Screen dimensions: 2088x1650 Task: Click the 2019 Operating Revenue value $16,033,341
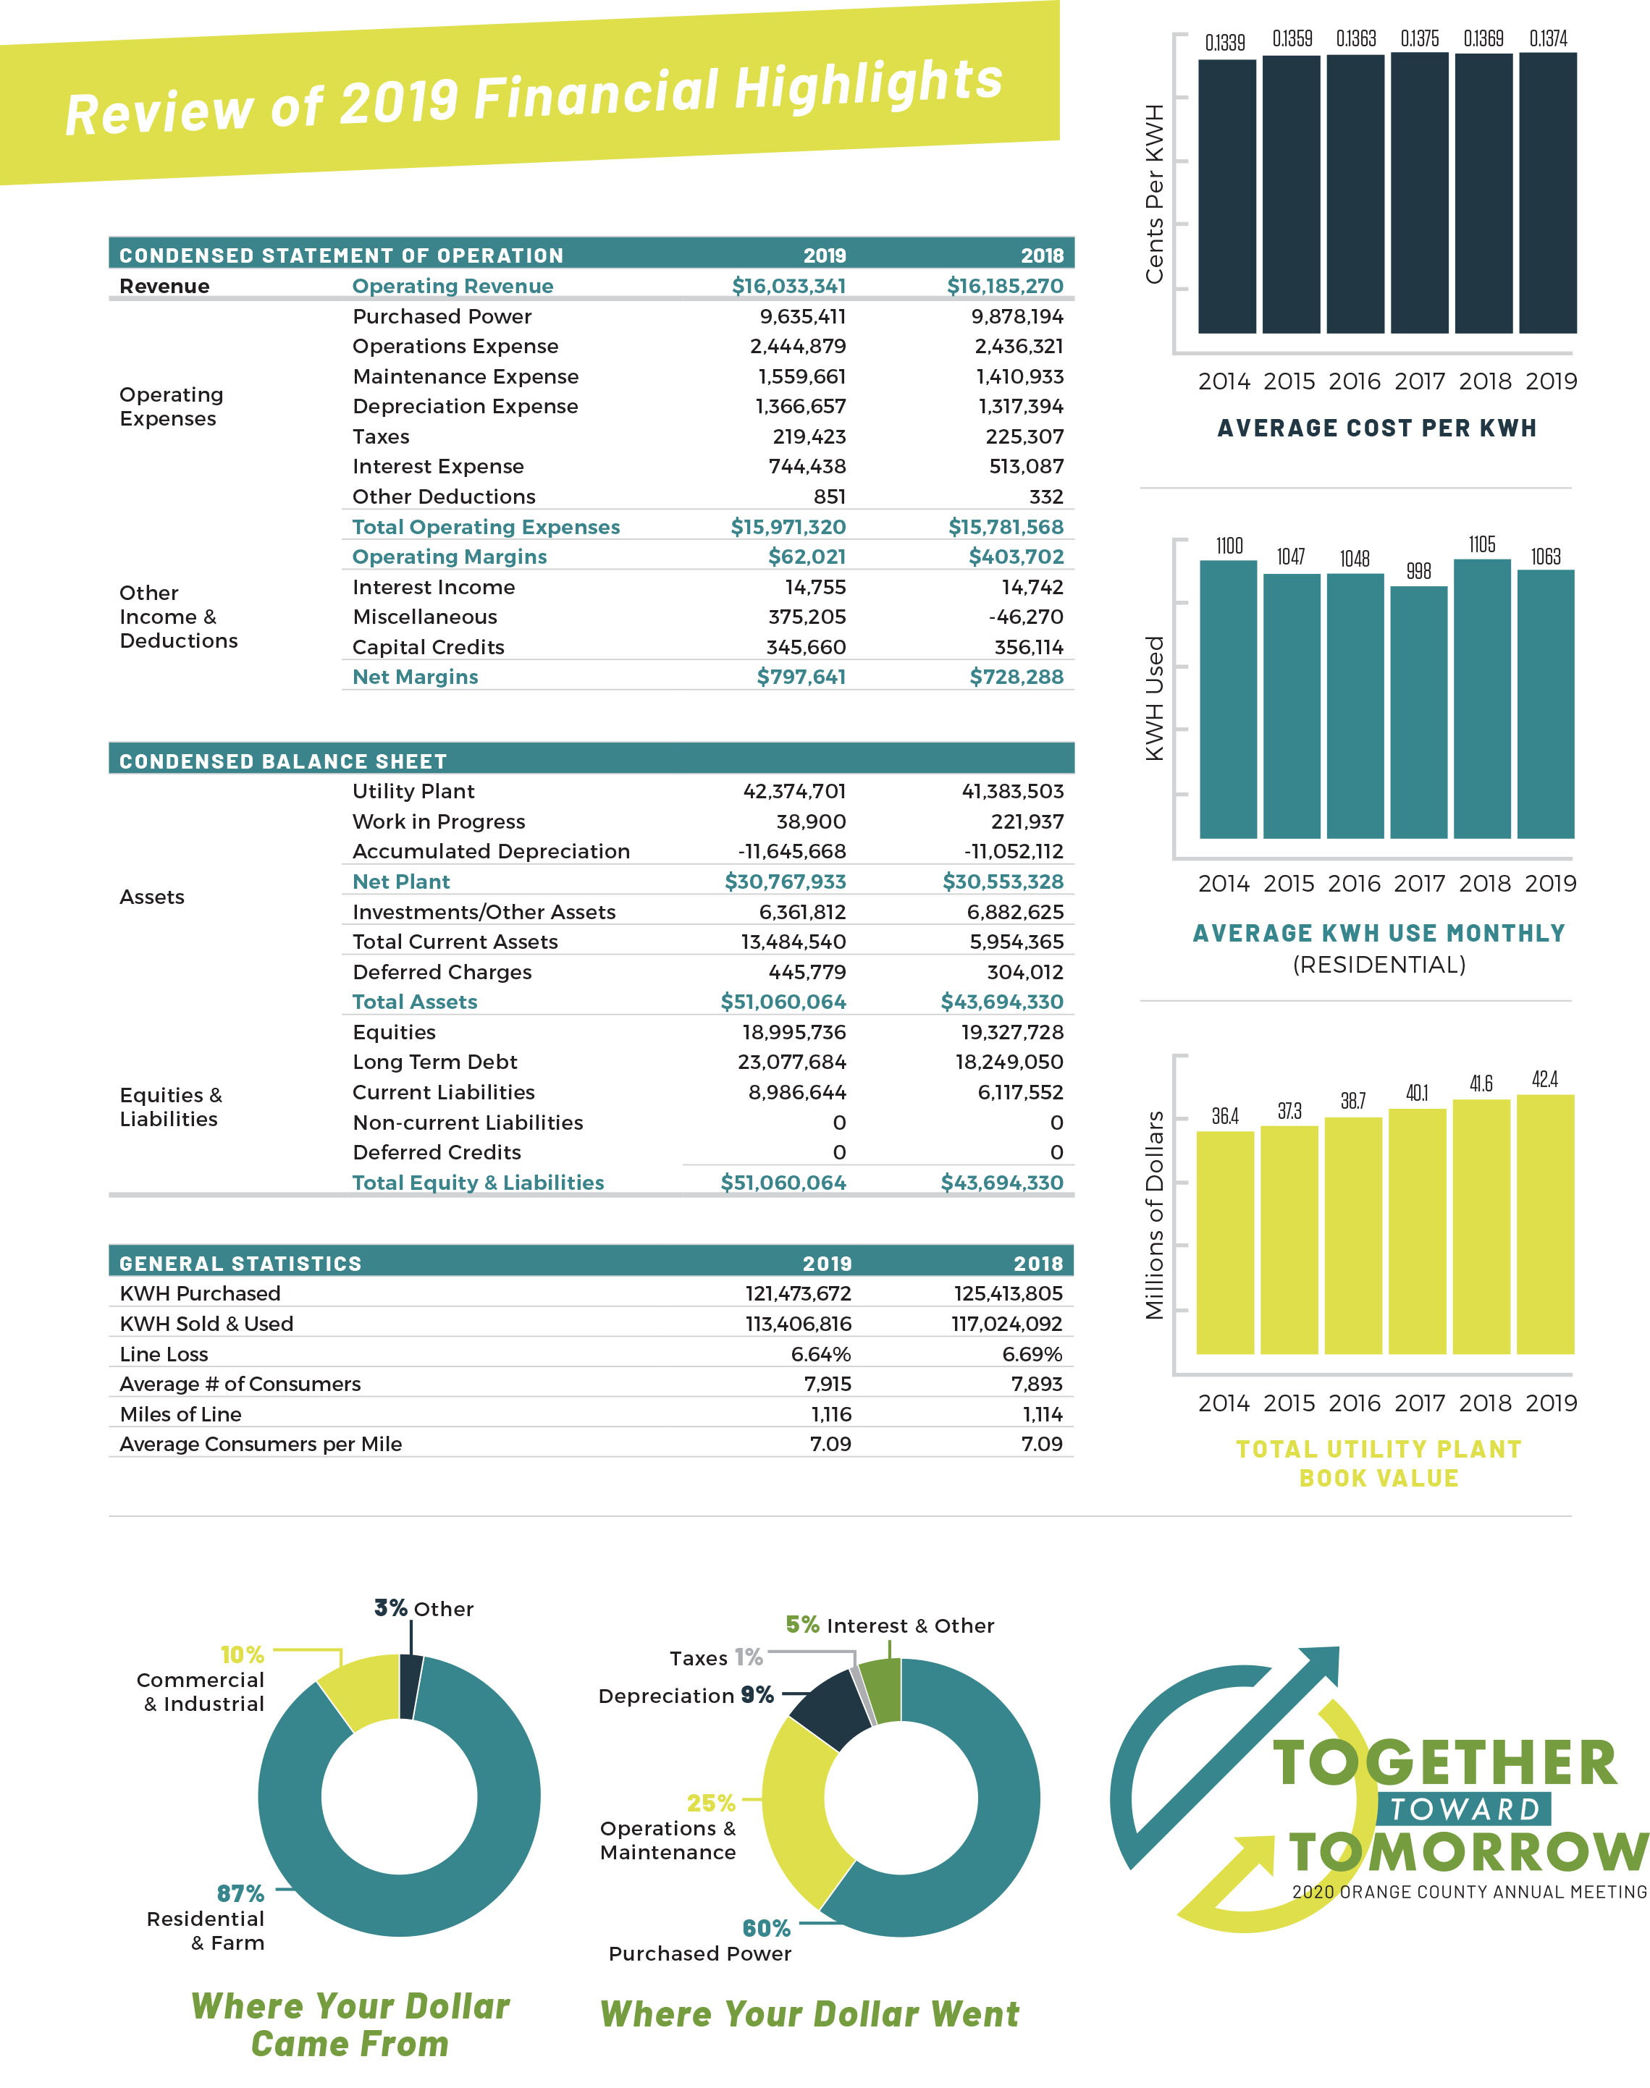click(x=788, y=286)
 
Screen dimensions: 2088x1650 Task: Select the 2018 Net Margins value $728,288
click(x=1016, y=677)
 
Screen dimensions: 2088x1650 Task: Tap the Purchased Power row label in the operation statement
click(x=442, y=317)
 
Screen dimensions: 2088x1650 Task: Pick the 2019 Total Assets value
click(x=783, y=1002)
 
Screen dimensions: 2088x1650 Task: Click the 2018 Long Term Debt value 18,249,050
click(x=1009, y=1062)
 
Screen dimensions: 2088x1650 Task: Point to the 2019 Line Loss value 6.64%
click(x=820, y=1354)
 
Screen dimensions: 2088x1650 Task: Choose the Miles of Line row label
click(x=181, y=1414)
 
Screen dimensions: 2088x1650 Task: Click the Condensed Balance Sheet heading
click(x=283, y=761)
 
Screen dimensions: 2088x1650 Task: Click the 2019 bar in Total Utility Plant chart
click(x=1545, y=1224)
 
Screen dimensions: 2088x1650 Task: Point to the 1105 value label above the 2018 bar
click(x=1482, y=545)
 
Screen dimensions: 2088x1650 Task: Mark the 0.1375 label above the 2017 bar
click(x=1419, y=38)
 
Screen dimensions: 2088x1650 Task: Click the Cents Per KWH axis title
click(x=1154, y=193)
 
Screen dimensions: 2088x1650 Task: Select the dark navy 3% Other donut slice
click(x=410, y=1686)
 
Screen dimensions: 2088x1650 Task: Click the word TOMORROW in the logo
click(x=1466, y=1852)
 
